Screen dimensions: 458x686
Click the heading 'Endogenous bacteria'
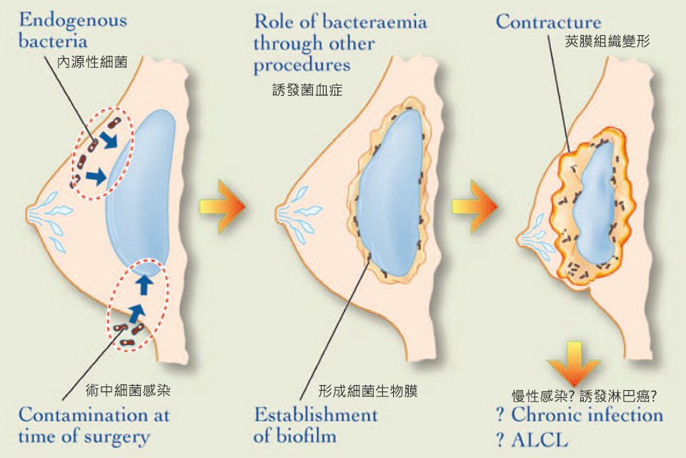[73, 29]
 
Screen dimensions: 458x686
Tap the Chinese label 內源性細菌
[92, 62]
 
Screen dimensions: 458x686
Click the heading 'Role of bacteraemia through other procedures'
[340, 43]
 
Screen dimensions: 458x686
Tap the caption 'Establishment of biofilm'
[316, 424]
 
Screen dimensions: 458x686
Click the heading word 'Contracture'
[549, 21]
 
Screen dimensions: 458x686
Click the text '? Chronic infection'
[580, 414]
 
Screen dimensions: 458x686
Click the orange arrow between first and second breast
[223, 207]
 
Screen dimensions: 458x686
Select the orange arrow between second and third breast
[474, 207]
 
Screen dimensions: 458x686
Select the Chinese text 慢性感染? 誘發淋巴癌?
[585, 394]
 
